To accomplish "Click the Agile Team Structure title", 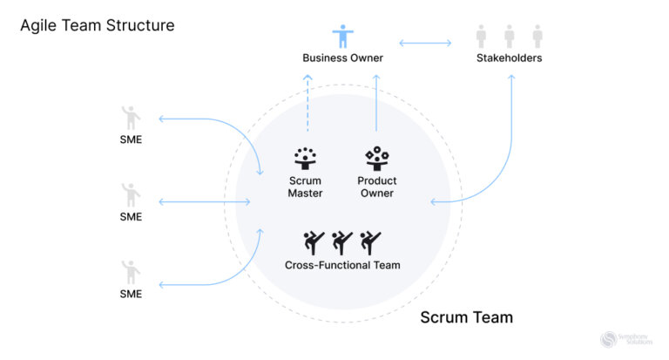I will point(97,25).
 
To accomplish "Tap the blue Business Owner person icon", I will point(342,37).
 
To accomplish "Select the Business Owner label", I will point(342,58).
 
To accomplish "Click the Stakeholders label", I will point(510,58).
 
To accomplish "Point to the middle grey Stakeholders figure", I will point(510,37).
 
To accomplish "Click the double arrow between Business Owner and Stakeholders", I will point(426,42).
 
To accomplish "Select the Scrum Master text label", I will point(305,187).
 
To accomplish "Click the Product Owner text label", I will point(376,187).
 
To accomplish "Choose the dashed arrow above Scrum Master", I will point(307,105).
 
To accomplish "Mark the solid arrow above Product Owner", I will point(376,105).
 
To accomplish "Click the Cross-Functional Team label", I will point(342,265).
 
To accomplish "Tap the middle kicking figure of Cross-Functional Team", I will point(342,242).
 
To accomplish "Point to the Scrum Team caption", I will point(466,317).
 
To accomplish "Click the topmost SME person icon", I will point(131,118).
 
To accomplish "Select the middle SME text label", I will point(131,217).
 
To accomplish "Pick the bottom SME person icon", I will point(131,272).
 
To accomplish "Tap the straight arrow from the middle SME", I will point(206,202).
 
